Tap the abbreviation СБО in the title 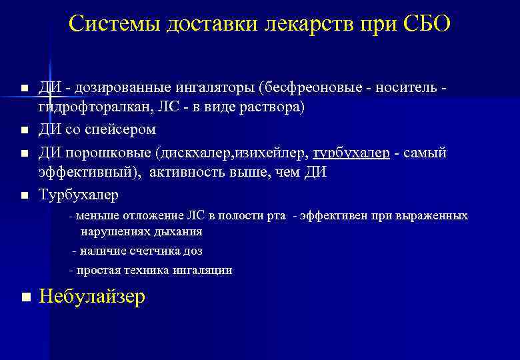(427, 25)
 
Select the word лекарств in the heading (306, 25)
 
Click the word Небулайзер (92, 297)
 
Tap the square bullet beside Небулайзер (25, 297)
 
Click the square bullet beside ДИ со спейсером (25, 129)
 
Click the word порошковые (106, 153)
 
